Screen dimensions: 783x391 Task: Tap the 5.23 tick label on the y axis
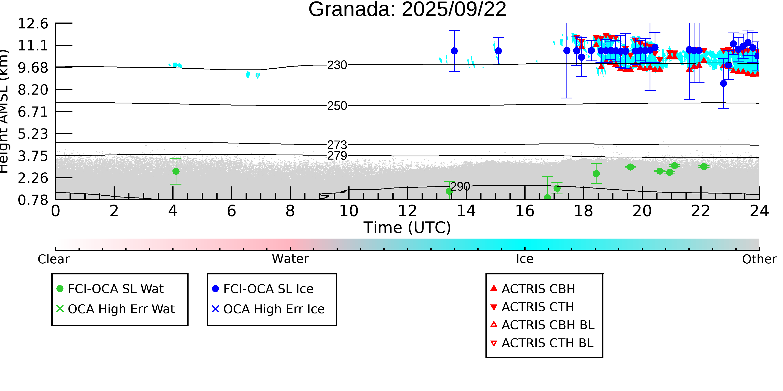pyautogui.click(x=33, y=134)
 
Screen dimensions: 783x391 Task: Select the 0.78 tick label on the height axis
pyautogui.click(x=33, y=200)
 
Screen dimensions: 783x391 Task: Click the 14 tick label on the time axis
pyautogui.click(x=466, y=211)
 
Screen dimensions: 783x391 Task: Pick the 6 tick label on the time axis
pyautogui.click(x=232, y=211)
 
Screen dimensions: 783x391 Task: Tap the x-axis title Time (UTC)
pyautogui.click(x=407, y=228)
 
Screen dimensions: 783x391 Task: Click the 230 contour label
pyautogui.click(x=337, y=65)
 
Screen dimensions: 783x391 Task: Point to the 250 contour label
pyautogui.click(x=337, y=106)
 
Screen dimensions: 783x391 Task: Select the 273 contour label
pyautogui.click(x=337, y=145)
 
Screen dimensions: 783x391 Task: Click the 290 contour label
pyautogui.click(x=460, y=186)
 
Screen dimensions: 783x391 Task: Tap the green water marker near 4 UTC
pyautogui.click(x=176, y=171)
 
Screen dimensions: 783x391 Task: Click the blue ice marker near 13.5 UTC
pyautogui.click(x=454, y=51)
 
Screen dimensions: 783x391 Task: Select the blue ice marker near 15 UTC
pyautogui.click(x=498, y=51)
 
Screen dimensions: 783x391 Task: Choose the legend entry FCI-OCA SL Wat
pyautogui.click(x=110, y=289)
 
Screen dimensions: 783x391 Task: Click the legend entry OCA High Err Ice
pyautogui.click(x=268, y=309)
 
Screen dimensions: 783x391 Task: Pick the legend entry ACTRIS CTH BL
pyautogui.click(x=542, y=343)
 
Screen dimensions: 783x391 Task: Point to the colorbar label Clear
pyautogui.click(x=53, y=259)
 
